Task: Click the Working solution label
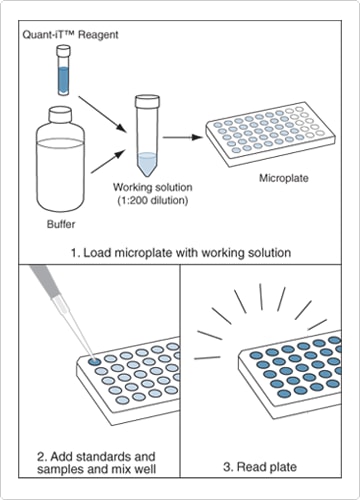[150, 188]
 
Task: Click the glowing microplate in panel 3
[290, 372]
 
